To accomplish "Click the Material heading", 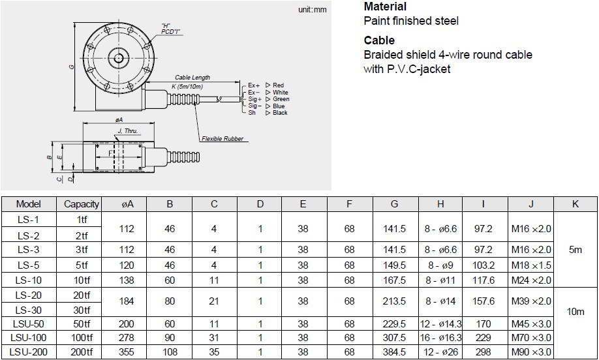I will (x=385, y=7).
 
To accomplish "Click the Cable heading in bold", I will (x=379, y=40).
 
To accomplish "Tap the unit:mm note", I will (x=311, y=10).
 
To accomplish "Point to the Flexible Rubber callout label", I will (x=221, y=139).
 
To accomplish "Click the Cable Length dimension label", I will (x=192, y=78).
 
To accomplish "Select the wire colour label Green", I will (x=281, y=99).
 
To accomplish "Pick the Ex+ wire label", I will (x=254, y=85).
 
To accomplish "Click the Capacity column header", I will (x=82, y=204).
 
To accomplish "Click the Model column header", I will (x=28, y=204).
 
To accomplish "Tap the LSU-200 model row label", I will (x=28, y=352).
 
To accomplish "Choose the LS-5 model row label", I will (x=28, y=265).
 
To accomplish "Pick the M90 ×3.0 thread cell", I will (x=530, y=352).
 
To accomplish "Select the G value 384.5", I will (x=394, y=352).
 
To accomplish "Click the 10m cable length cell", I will (x=575, y=312).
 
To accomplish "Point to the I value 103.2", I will (x=483, y=265).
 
